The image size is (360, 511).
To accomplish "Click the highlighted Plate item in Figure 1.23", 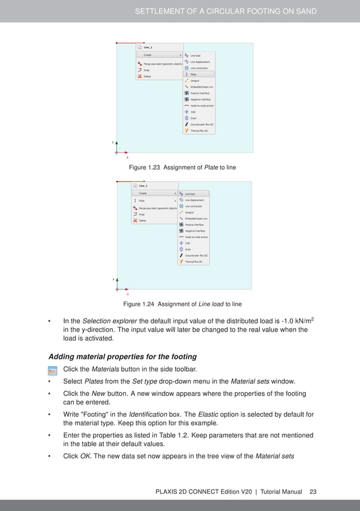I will (194, 74).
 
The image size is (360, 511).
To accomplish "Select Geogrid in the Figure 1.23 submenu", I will (194, 81).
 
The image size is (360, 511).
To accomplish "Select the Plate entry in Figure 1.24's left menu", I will (142, 200).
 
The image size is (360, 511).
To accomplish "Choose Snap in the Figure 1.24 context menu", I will (142, 214).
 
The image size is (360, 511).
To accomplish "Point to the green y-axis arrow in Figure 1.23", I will (116, 145).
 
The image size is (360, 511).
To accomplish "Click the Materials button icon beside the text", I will (53, 370).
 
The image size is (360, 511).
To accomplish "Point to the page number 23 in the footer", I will (313, 492).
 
